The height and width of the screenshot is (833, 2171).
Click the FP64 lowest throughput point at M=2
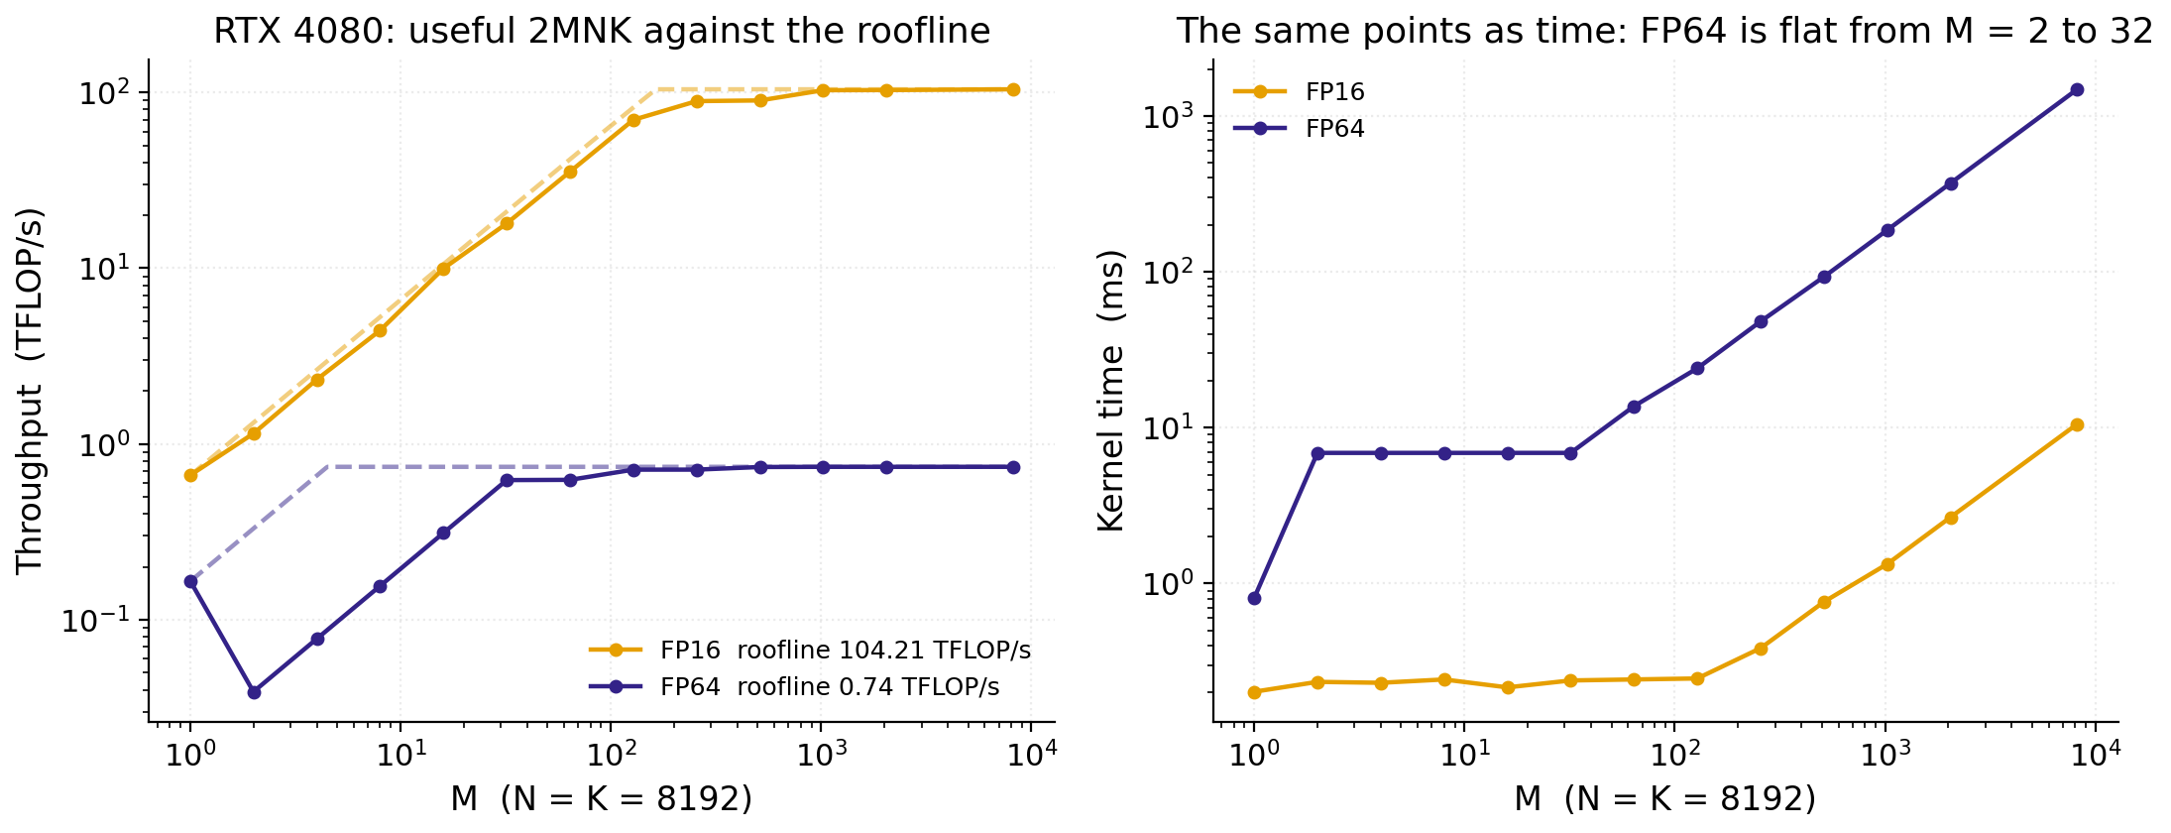(254, 692)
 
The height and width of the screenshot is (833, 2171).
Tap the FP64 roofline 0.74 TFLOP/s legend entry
(794, 686)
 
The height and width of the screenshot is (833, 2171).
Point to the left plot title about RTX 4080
(602, 31)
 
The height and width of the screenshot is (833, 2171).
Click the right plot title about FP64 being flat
(1665, 31)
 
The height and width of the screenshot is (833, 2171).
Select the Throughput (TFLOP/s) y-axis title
(30, 391)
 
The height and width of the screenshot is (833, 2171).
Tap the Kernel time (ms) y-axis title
(1111, 391)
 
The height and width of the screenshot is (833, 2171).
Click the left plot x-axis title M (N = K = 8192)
(602, 798)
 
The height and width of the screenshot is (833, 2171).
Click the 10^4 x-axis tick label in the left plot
(1031, 755)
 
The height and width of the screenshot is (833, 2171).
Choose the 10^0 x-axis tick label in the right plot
(1254, 755)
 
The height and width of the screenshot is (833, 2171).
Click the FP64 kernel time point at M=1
(1254, 598)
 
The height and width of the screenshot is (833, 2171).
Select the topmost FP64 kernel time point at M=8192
(2077, 90)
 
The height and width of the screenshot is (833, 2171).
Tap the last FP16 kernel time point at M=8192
(2077, 424)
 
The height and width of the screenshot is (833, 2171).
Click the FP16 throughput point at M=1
(190, 475)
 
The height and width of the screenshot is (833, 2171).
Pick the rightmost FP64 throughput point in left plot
(1013, 467)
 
